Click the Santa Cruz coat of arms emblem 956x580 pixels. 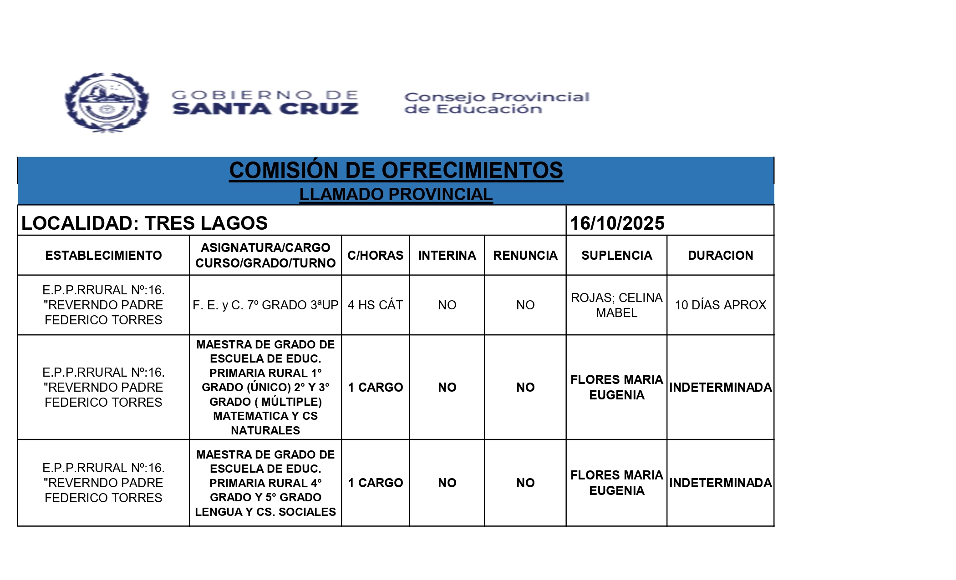pyautogui.click(x=107, y=103)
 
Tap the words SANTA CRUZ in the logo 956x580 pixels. pyautogui.click(x=265, y=109)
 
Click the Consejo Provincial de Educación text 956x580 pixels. pyautogui.click(x=497, y=103)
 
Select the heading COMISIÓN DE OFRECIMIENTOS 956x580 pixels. pyautogui.click(x=396, y=171)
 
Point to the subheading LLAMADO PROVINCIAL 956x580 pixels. pyautogui.click(x=396, y=194)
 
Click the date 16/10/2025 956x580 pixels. pyautogui.click(x=617, y=223)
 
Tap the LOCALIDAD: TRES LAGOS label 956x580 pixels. pyautogui.click(x=144, y=223)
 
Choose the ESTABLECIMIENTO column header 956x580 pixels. pyautogui.click(x=103, y=255)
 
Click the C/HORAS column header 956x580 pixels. pyautogui.click(x=375, y=255)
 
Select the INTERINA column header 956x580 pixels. pyautogui.click(x=447, y=255)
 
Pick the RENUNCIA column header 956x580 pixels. pyautogui.click(x=525, y=255)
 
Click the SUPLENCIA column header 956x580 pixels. pyautogui.click(x=616, y=255)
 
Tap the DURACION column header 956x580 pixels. pyautogui.click(x=720, y=255)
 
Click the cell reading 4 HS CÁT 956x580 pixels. pyautogui.click(x=375, y=305)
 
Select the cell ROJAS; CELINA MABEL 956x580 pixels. pyautogui.click(x=616, y=305)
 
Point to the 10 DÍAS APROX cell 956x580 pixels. pyautogui.click(x=720, y=305)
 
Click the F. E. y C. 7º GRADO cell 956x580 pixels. pyautogui.click(x=265, y=305)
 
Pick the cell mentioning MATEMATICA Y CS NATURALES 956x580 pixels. pyautogui.click(x=265, y=387)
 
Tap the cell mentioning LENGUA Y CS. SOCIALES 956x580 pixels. pyautogui.click(x=265, y=483)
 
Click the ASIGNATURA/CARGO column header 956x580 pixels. pyautogui.click(x=265, y=255)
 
